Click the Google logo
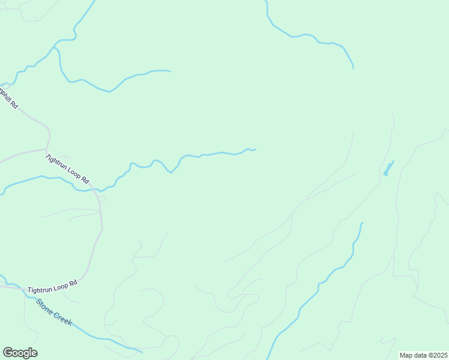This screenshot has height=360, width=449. pyautogui.click(x=20, y=353)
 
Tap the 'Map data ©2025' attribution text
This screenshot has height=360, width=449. pyautogui.click(x=424, y=355)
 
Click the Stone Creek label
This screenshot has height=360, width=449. pyautogui.click(x=54, y=312)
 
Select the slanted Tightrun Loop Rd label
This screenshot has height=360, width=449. pyautogui.click(x=67, y=169)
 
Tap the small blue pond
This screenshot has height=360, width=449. pyautogui.click(x=388, y=168)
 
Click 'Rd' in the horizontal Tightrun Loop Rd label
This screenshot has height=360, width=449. pyautogui.click(x=73, y=283)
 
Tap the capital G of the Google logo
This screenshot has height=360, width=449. pyautogui.click(x=8, y=353)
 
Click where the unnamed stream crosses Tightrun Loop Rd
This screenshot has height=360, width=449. pyautogui.click(x=97, y=190)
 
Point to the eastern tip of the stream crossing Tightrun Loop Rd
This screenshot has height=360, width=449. pyautogui.click(x=256, y=149)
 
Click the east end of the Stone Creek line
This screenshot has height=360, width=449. pyautogui.click(x=142, y=351)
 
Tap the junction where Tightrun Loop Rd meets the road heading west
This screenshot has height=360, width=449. pyautogui.click(x=47, y=148)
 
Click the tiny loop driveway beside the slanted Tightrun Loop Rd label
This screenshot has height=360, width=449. pyautogui.click(x=64, y=157)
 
